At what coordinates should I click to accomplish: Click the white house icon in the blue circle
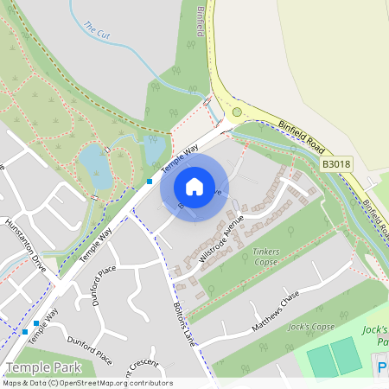(x=194, y=187)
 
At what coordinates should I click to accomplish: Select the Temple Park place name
(x=38, y=367)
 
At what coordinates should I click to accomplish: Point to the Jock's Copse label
(x=310, y=328)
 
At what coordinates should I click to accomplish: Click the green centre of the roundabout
(x=237, y=111)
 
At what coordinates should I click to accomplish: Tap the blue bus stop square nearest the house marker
(x=149, y=182)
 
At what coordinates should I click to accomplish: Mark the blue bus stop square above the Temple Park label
(x=35, y=323)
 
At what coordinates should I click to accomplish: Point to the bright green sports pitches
(x=334, y=357)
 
